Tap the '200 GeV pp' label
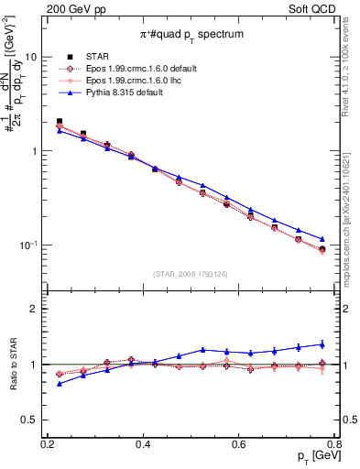(71, 7)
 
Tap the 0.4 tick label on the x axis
(143, 443)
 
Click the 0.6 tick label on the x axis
(239, 443)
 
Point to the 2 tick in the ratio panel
(37, 309)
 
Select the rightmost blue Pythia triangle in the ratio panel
(322, 344)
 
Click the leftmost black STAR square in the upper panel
(60, 121)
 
